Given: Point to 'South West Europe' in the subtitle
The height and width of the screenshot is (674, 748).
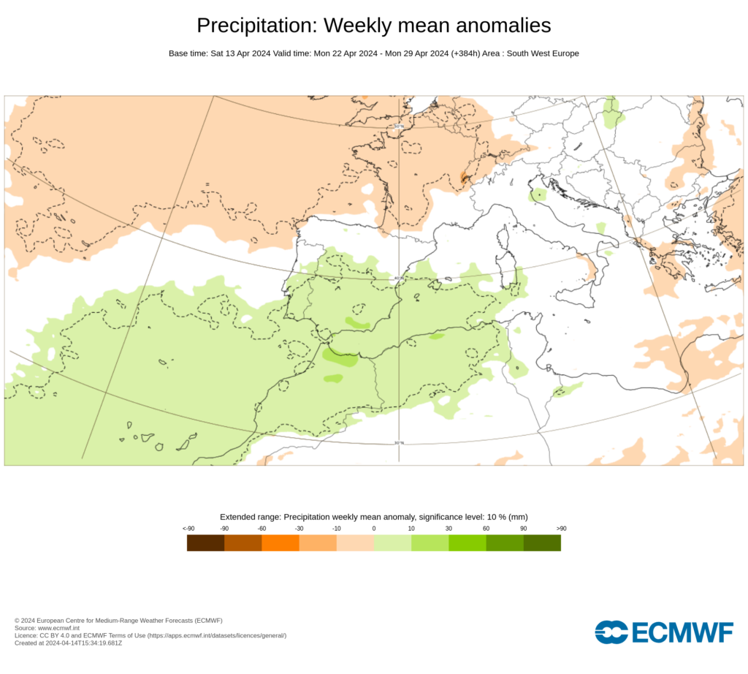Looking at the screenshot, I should [538, 53].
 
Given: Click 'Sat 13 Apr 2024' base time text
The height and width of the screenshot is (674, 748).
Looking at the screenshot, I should [240, 53].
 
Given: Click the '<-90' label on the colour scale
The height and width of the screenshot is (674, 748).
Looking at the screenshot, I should [188, 528].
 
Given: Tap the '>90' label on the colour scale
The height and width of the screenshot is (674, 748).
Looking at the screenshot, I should [561, 528].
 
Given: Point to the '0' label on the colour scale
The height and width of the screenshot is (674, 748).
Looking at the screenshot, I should [374, 528].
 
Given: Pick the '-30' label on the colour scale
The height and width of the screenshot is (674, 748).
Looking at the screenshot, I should [299, 528].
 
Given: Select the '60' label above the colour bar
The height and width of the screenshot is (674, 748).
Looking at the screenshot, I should [486, 528].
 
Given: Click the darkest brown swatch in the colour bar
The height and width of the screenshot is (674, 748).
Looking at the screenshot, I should [206, 542].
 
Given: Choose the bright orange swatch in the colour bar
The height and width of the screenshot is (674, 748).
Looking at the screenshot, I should [280, 542].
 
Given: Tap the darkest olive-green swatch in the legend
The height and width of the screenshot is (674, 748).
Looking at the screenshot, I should [542, 542].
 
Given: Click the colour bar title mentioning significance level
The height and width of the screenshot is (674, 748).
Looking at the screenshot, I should [374, 516].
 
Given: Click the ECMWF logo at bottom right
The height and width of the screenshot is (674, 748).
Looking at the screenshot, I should [663, 632].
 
